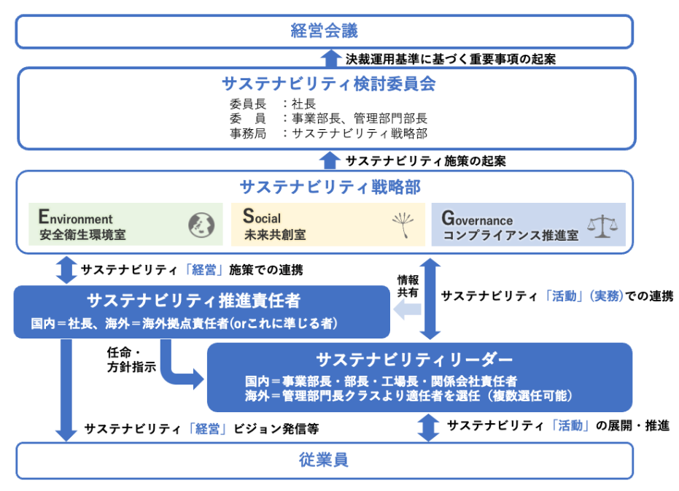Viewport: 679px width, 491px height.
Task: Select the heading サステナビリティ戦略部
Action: (x=330, y=187)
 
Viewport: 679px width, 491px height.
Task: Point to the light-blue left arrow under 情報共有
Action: (x=408, y=312)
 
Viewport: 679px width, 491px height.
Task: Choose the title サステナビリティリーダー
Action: (x=415, y=359)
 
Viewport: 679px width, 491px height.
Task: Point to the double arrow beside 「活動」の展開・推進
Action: (x=429, y=427)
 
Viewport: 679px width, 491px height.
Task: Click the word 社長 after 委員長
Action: (x=304, y=104)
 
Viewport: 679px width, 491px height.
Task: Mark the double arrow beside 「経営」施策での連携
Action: (x=66, y=271)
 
